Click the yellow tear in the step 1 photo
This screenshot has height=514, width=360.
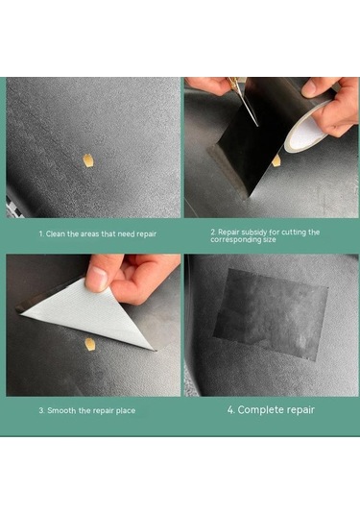click(x=86, y=161)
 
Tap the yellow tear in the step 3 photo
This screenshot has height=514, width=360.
click(x=89, y=345)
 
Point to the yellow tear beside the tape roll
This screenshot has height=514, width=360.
click(x=276, y=160)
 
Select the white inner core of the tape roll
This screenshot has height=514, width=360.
click(x=306, y=131)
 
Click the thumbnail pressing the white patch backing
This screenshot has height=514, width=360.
click(x=97, y=279)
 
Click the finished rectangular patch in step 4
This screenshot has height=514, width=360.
click(x=271, y=314)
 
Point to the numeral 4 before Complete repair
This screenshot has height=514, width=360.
click(x=231, y=409)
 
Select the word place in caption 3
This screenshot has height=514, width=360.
click(x=125, y=411)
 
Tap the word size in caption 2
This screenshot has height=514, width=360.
click(x=270, y=240)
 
